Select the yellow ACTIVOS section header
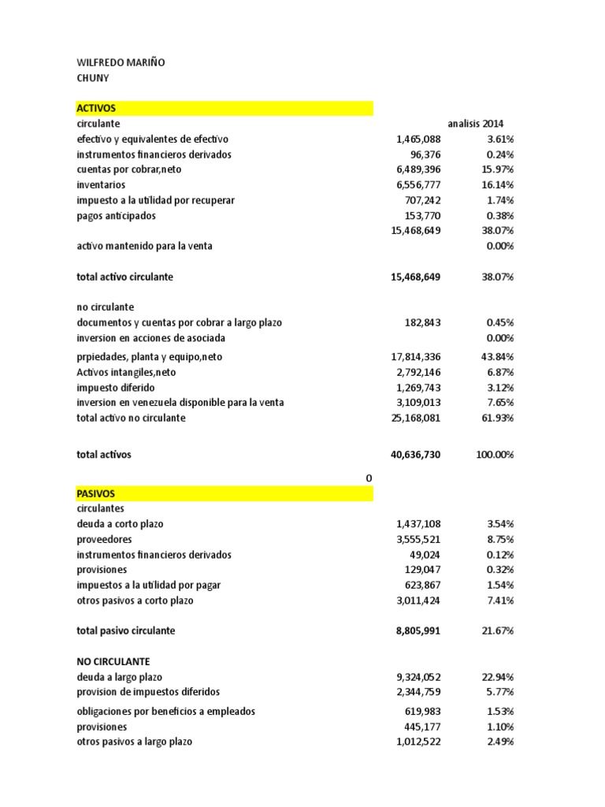[x=224, y=108]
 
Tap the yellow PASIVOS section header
[x=224, y=493]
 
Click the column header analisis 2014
[x=476, y=124]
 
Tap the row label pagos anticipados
[x=116, y=216]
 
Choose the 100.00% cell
[x=493, y=456]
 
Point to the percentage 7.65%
[x=499, y=403]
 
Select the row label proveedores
[x=104, y=540]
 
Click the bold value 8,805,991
[x=414, y=631]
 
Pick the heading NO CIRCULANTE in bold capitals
[x=113, y=661]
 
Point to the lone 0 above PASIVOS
[x=368, y=478]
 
